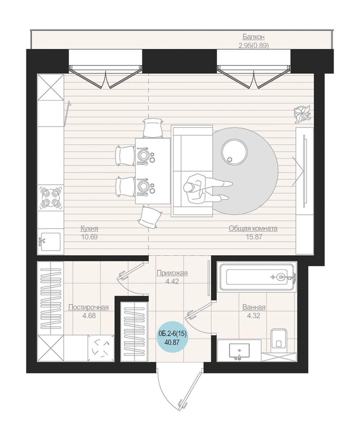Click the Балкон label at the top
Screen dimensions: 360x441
[254, 37]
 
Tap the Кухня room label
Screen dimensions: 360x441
[89, 228]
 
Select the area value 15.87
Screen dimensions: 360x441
[254, 237]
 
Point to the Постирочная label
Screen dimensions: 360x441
[88, 307]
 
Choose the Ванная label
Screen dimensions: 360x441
[254, 307]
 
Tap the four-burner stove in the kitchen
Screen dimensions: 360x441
[51, 197]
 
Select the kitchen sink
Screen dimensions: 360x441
[50, 242]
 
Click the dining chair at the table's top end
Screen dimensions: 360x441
[153, 128]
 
